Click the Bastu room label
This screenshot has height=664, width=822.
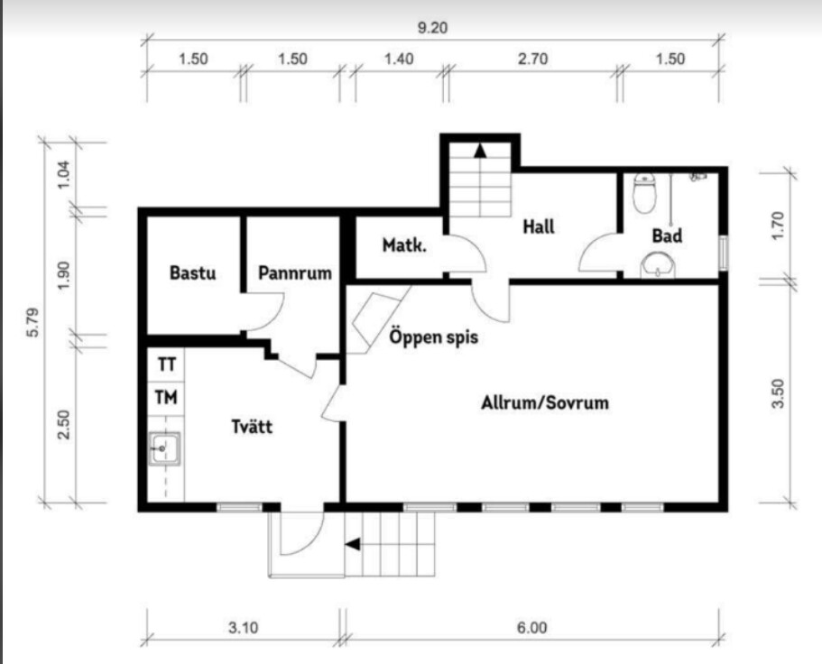192,272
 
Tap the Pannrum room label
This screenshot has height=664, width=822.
295,272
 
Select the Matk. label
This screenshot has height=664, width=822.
404,244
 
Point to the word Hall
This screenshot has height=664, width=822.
539,226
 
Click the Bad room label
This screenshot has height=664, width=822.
667,235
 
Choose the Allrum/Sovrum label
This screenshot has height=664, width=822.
545,402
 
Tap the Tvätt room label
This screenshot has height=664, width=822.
252,426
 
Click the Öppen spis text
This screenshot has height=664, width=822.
433,337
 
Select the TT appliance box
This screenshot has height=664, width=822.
166,364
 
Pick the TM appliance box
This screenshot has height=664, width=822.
166,398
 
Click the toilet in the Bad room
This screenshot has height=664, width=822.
644,193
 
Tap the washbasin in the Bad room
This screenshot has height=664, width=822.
658,266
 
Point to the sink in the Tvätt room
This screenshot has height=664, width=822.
165,448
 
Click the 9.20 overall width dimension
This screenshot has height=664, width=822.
432,27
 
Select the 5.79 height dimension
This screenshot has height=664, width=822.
32,323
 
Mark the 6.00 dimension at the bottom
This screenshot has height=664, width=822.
531,627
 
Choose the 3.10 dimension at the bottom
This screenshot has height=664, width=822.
244,627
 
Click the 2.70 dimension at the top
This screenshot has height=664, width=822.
532,59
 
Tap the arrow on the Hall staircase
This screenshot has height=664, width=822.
480,151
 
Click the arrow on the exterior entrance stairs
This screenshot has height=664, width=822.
352,544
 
